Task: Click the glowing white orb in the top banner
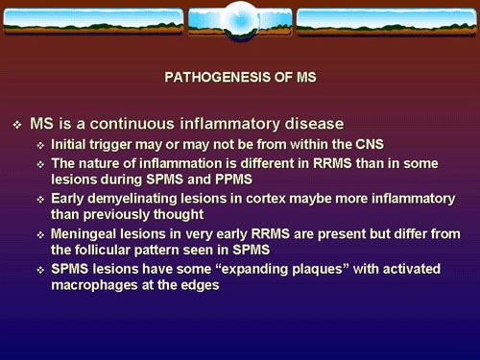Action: [240, 18]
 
